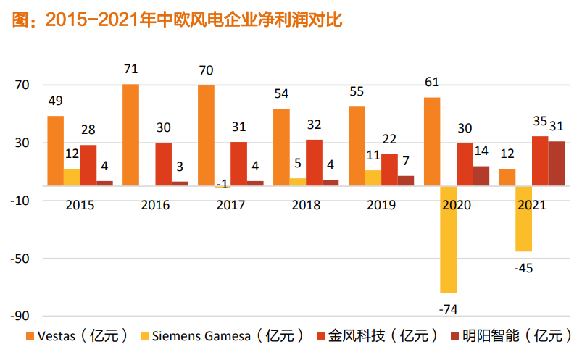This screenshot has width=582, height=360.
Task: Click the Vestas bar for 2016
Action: (x=131, y=135)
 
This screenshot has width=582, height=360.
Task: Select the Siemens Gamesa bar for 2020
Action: (x=449, y=239)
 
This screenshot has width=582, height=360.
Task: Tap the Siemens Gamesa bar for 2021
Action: (x=523, y=219)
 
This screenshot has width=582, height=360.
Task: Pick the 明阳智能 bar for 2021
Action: (x=557, y=164)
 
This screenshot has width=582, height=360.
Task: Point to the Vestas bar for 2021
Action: (x=507, y=177)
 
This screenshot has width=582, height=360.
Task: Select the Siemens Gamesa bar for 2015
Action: (x=72, y=177)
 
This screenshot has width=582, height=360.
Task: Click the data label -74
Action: (x=449, y=309)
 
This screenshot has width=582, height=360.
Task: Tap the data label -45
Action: (x=523, y=268)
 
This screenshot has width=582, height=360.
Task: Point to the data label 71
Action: (x=131, y=70)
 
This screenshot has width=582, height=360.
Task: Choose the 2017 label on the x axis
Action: (x=230, y=205)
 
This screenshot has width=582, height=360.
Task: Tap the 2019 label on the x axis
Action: (x=381, y=205)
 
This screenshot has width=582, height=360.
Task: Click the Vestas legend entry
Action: (x=77, y=336)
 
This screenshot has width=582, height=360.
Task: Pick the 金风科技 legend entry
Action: (x=377, y=336)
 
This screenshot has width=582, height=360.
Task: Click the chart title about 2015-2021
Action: (x=178, y=21)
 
